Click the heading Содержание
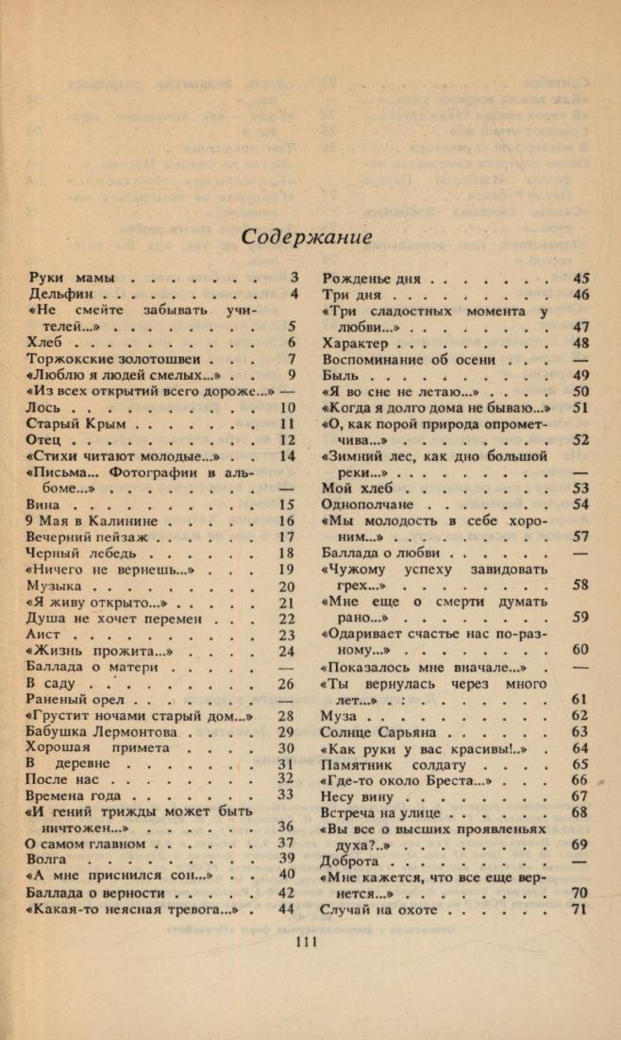point(306,236)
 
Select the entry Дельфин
point(63,295)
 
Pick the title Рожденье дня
point(372,279)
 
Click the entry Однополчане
point(371,504)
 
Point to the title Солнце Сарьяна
point(383,732)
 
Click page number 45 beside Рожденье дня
point(581,279)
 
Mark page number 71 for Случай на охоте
point(581,909)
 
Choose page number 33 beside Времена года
point(287,795)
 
